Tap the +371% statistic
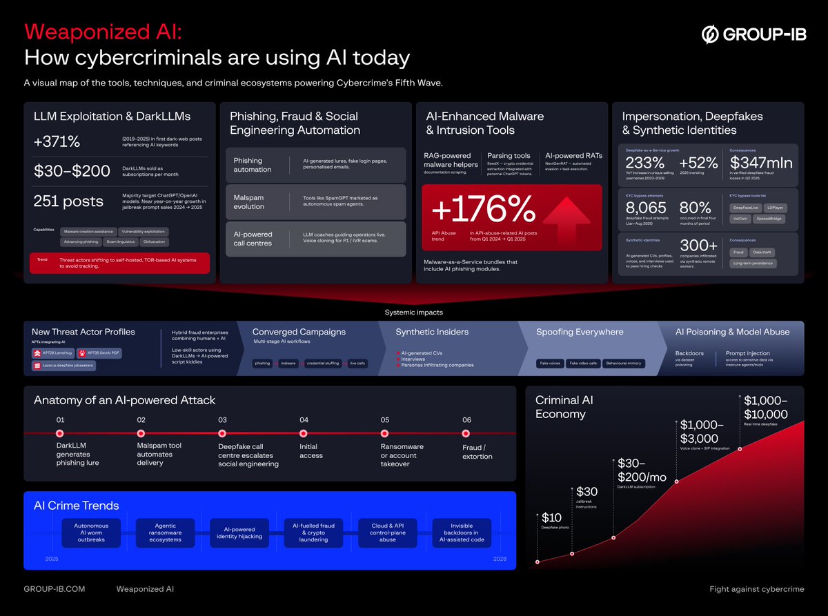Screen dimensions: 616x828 (57, 142)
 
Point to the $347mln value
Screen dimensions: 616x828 (761, 163)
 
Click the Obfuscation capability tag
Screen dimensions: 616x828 (155, 242)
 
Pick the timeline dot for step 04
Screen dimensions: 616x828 (304, 433)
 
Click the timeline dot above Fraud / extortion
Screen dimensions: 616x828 (466, 433)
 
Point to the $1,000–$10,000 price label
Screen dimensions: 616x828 (765, 408)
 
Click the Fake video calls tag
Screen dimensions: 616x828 (582, 363)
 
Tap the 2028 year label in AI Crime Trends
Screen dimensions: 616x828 (501, 558)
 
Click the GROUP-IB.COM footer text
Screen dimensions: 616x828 (55, 589)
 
